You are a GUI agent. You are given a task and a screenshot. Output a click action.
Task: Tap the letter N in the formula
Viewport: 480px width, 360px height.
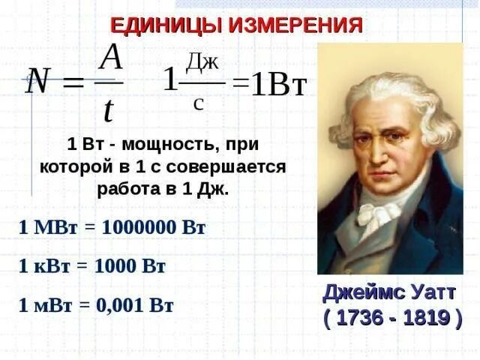[x=38, y=80]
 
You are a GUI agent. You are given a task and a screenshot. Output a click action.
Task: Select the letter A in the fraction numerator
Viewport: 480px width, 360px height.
[x=111, y=57]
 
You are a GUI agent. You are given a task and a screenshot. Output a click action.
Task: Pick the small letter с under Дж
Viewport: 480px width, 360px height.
[x=198, y=103]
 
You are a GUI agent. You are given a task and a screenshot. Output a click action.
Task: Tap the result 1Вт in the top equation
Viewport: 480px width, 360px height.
[x=278, y=85]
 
